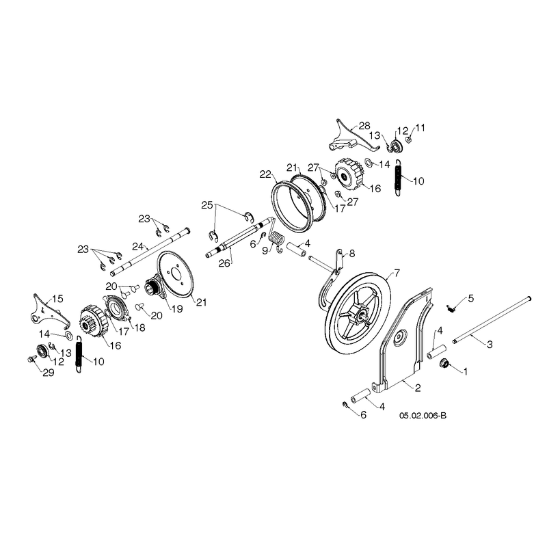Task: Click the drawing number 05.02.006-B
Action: click(423, 416)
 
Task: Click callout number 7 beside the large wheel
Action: click(397, 273)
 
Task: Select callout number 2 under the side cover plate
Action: click(418, 388)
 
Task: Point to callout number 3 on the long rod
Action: click(490, 345)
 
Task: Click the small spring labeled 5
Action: click(451, 309)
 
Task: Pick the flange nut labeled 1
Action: click(445, 363)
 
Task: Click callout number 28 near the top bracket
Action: click(364, 126)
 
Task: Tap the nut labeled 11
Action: click(408, 139)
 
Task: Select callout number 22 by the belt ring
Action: click(265, 174)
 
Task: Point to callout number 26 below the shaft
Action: click(224, 263)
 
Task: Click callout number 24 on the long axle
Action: click(138, 247)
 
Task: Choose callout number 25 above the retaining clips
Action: click(207, 205)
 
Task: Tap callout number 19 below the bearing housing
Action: click(177, 308)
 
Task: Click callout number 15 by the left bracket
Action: click(57, 299)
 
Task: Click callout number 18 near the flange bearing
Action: click(140, 328)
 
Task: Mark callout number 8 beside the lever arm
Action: click(352, 254)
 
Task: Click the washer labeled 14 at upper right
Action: click(369, 162)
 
